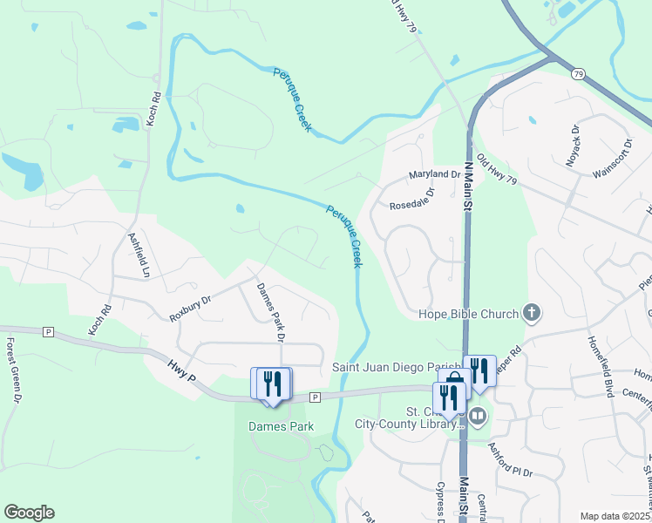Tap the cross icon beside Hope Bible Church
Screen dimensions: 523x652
[x=530, y=313]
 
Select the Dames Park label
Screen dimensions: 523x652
[x=281, y=427]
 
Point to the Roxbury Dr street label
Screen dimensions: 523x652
[x=191, y=309]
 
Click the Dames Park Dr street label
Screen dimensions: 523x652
[x=270, y=312]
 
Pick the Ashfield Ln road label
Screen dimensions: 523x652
[x=139, y=254]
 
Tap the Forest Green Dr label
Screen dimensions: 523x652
[x=12, y=370]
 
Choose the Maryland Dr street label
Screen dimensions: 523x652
[x=435, y=175]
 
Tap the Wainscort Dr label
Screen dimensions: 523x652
[x=611, y=158]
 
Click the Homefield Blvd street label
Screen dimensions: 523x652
[x=601, y=367]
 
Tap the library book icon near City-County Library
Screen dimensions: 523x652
[x=477, y=418]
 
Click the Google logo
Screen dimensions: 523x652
[x=29, y=513]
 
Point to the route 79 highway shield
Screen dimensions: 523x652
[x=578, y=74]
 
